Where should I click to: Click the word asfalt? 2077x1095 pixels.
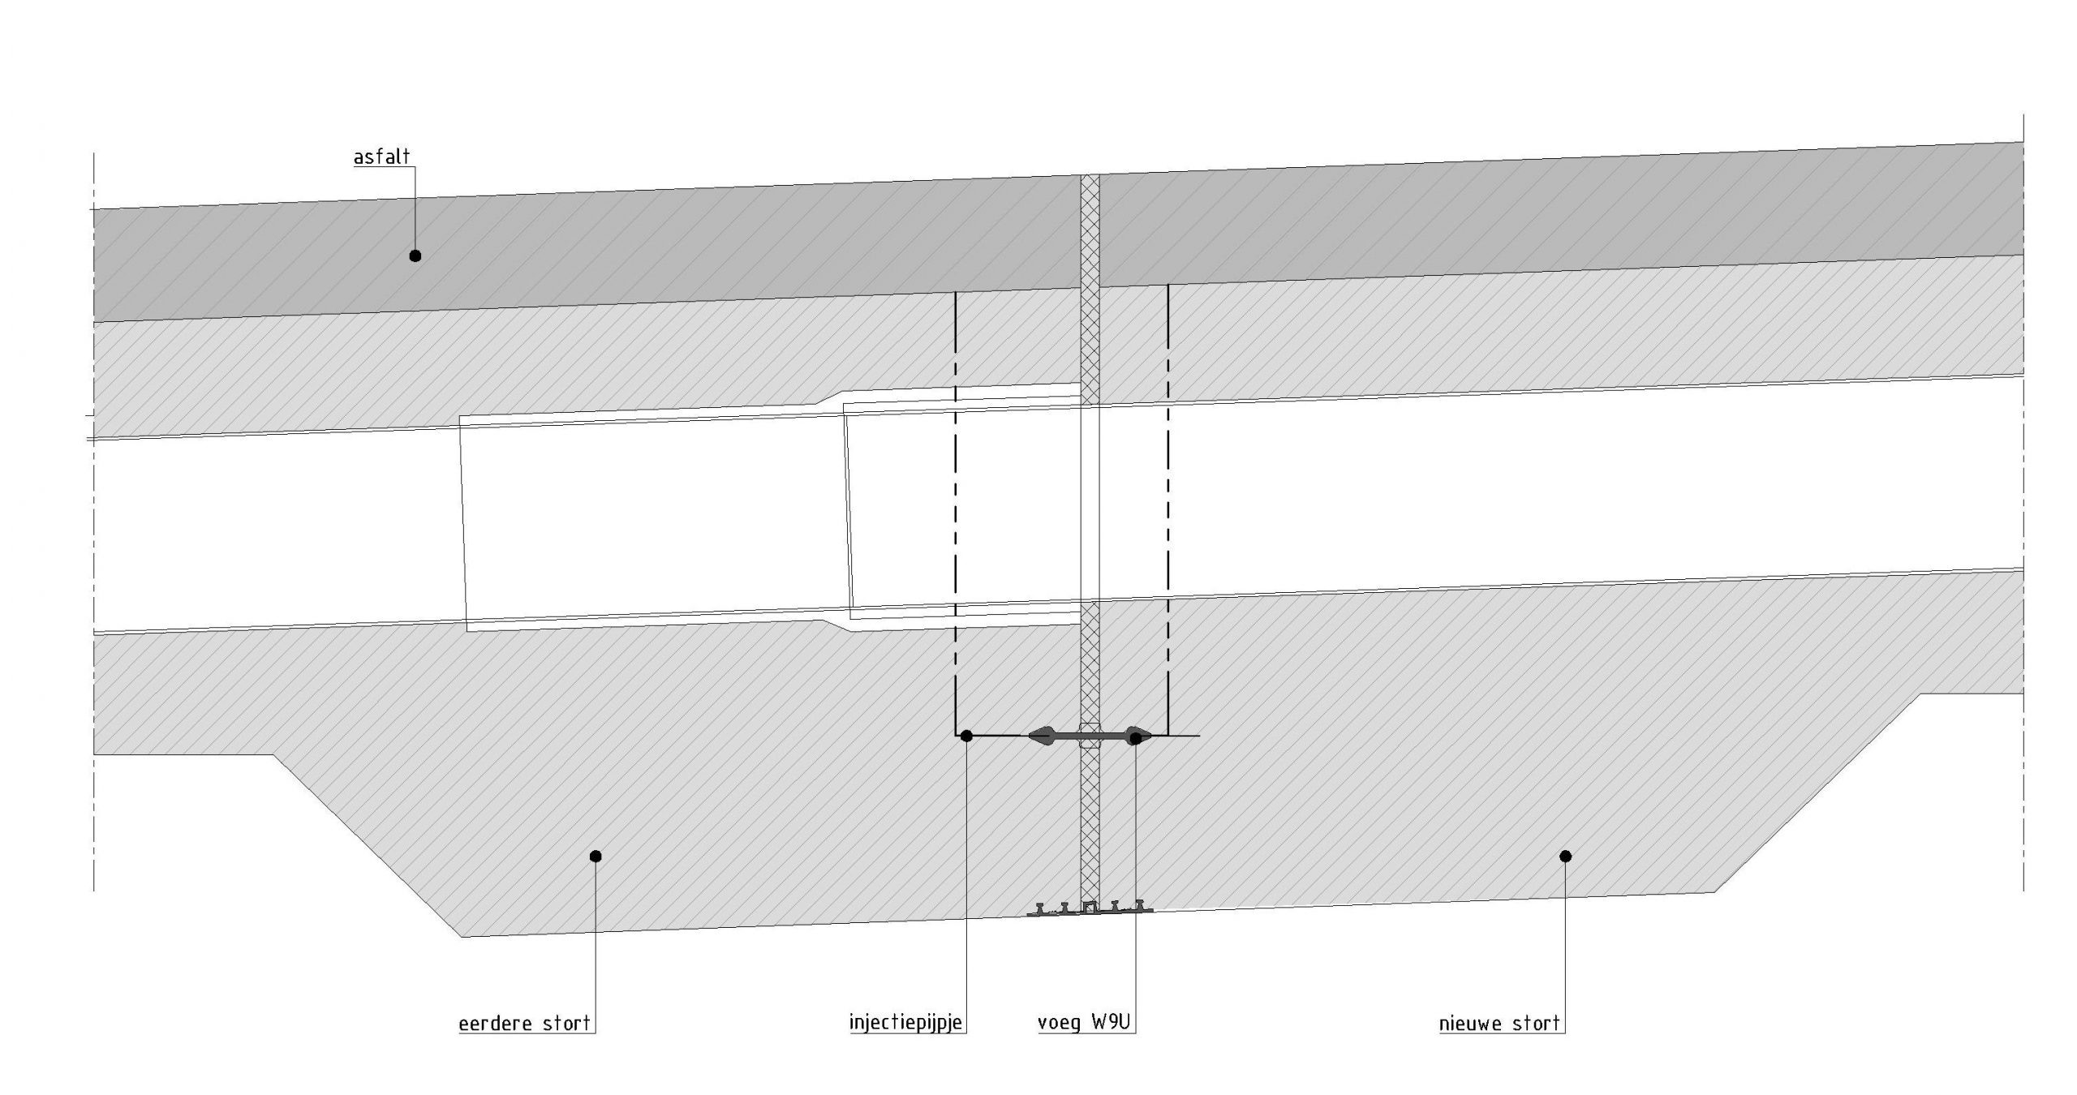(381, 157)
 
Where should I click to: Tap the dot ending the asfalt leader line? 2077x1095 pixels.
(415, 255)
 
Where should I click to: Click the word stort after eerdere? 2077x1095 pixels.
(566, 1024)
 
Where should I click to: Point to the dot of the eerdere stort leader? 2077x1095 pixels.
(596, 856)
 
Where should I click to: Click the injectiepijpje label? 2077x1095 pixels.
(905, 1022)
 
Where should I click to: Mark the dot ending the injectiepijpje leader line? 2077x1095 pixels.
(966, 736)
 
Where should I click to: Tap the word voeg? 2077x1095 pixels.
(1059, 1024)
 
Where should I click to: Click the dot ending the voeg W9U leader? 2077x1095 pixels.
(1136, 737)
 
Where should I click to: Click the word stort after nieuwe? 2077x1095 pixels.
(1537, 1024)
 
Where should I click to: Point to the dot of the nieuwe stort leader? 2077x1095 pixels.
(1566, 856)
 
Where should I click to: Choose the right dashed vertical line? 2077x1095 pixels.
(1168, 503)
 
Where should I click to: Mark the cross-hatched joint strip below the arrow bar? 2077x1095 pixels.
(1090, 819)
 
